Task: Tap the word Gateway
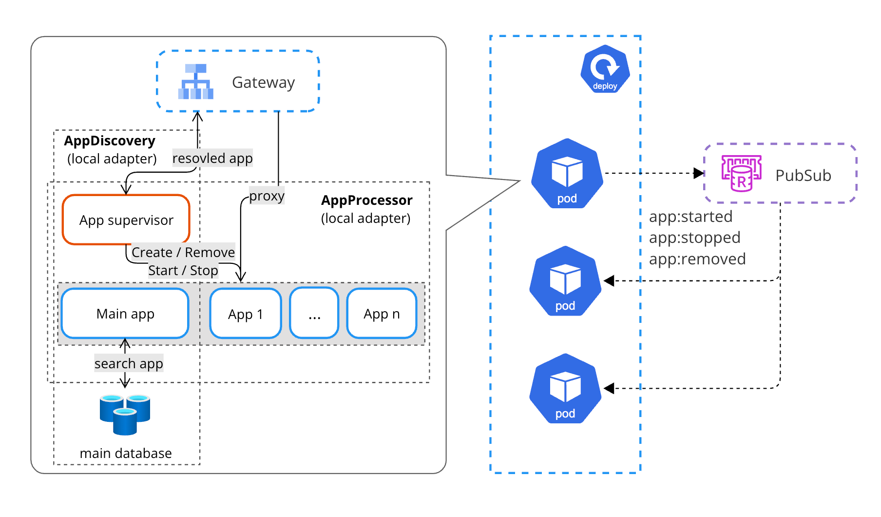[263, 82]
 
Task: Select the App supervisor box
[126, 220]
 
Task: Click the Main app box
[125, 314]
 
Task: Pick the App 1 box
[246, 314]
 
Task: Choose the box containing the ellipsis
[314, 314]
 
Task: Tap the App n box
[382, 314]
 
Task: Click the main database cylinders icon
[125, 414]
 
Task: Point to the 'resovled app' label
[212, 159]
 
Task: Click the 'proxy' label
[267, 196]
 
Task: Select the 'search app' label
[129, 363]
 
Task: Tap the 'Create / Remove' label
[183, 252]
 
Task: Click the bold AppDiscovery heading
[110, 141]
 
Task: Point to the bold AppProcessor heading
[366, 200]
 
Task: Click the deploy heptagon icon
[605, 69]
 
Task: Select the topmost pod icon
[567, 174]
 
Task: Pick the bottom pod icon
[565, 389]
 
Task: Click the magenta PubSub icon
[741, 173]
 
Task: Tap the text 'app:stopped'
[694, 238]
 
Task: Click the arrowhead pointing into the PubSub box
[699, 173]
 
